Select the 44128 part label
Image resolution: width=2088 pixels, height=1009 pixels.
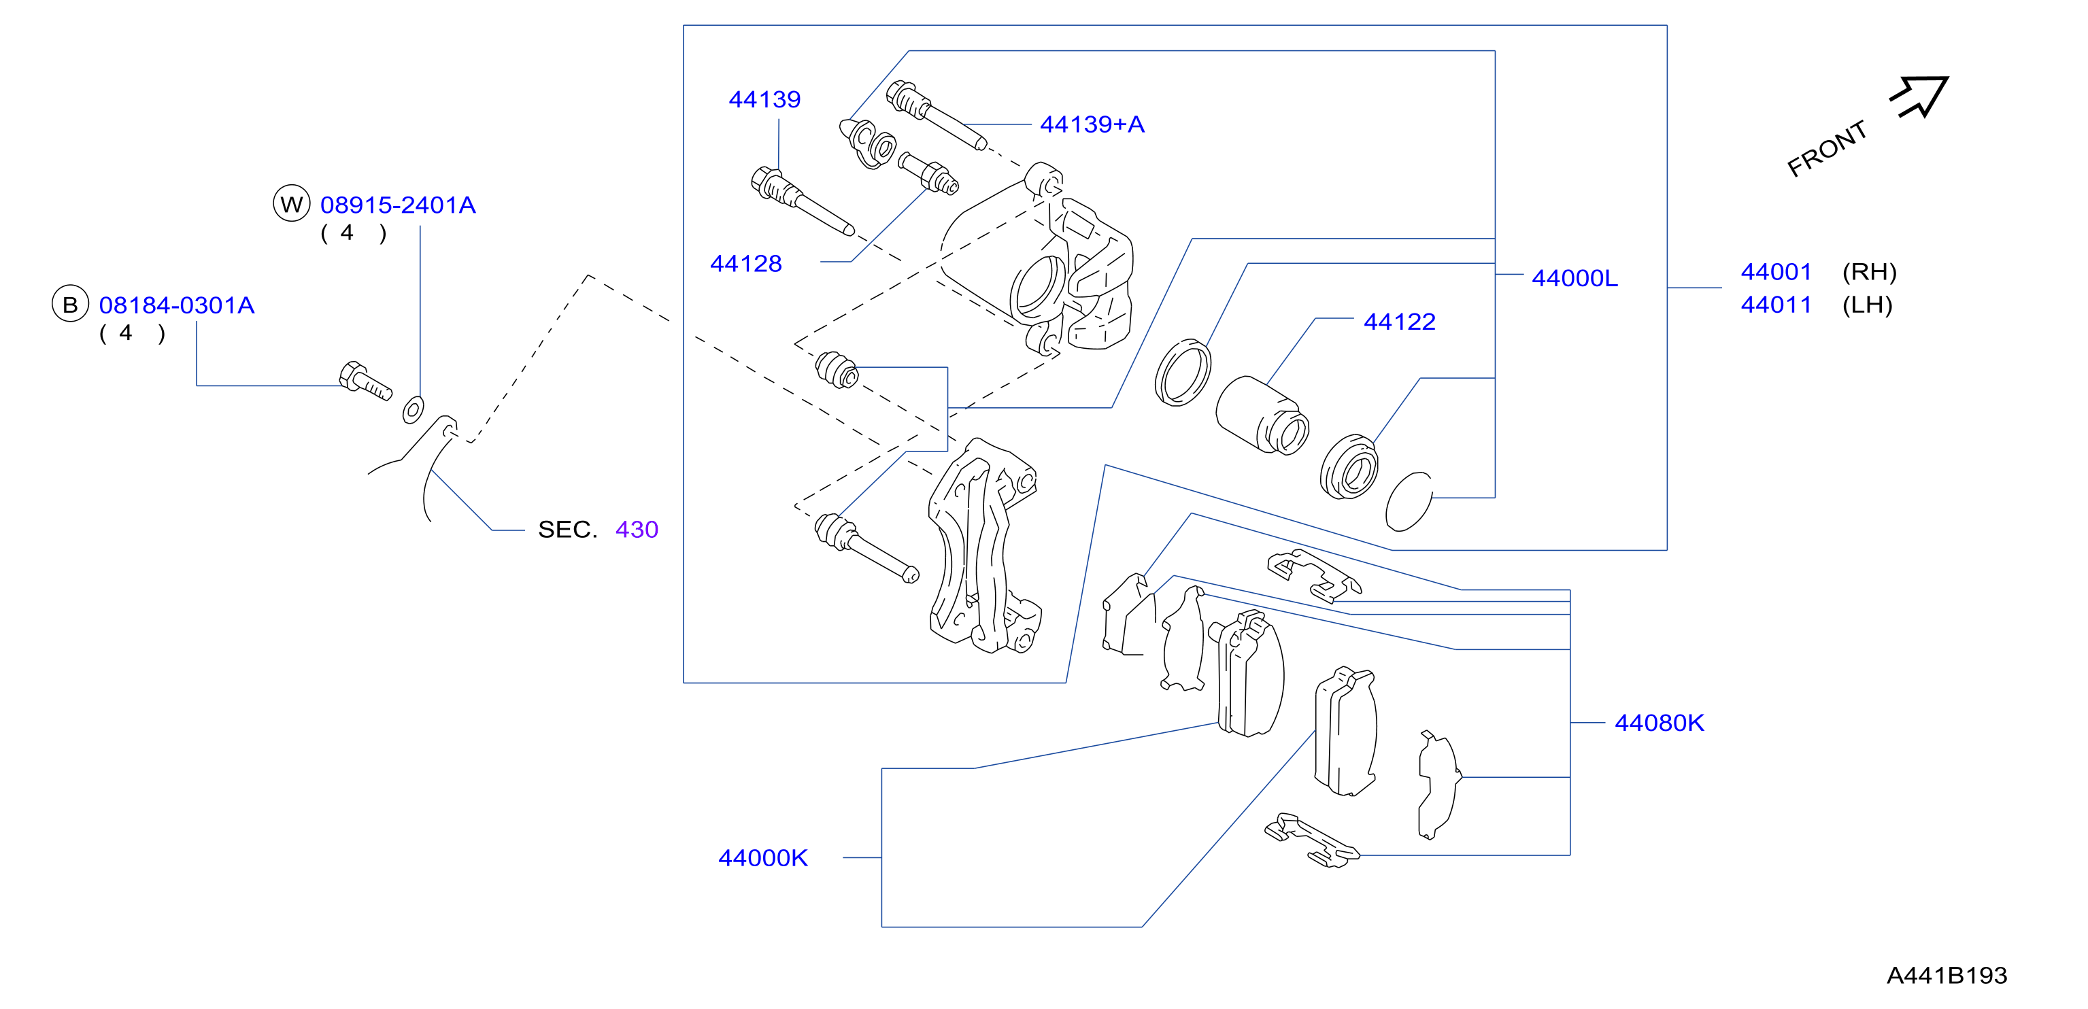745,263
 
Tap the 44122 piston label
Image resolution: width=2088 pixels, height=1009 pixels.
1399,322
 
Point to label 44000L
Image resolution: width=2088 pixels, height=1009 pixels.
1574,278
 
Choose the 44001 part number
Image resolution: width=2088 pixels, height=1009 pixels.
1776,271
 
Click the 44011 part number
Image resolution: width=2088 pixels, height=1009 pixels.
1776,305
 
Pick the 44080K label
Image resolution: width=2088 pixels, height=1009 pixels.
1660,722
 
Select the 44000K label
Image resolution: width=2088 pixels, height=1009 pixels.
762,857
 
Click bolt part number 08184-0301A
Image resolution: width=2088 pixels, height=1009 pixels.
177,305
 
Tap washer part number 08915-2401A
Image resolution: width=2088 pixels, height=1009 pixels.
398,205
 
